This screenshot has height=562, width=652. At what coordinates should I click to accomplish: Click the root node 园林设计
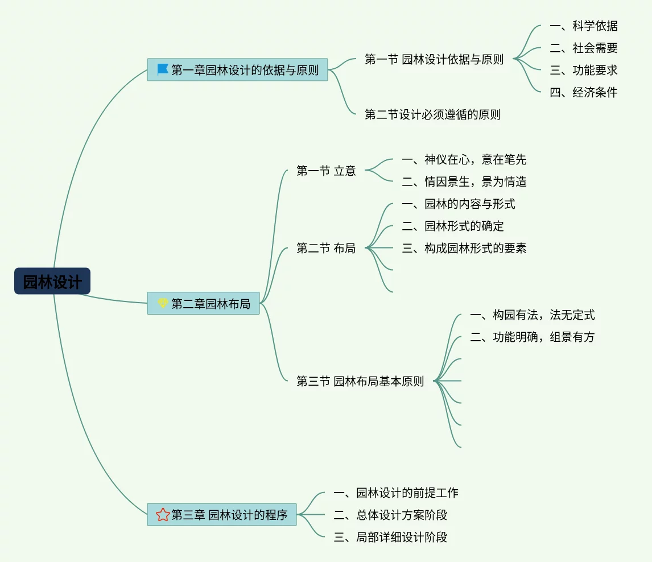(x=52, y=282)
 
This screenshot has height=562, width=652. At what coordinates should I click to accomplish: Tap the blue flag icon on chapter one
(x=163, y=70)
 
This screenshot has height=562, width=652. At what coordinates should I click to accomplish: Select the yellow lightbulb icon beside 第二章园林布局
(x=163, y=303)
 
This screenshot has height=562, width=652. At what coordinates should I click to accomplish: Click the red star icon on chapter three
(x=163, y=515)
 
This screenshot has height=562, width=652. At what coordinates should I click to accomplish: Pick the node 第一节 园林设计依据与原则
(x=434, y=59)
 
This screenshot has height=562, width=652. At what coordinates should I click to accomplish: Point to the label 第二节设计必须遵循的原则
(x=432, y=114)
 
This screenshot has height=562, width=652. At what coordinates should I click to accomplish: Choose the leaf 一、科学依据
(x=583, y=26)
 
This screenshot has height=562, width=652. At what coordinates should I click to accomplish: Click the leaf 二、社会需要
(x=583, y=48)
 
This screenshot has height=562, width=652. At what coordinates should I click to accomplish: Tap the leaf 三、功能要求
(x=583, y=70)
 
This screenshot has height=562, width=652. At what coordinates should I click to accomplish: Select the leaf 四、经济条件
(x=583, y=92)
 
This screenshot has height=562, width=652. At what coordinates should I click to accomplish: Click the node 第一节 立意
(x=326, y=170)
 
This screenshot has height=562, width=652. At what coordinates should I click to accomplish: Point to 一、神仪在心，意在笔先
(x=464, y=159)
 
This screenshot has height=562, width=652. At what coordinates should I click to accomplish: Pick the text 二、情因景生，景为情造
(x=464, y=181)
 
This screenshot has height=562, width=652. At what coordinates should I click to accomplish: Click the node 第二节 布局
(x=326, y=248)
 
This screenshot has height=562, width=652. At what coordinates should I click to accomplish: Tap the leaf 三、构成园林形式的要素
(x=464, y=248)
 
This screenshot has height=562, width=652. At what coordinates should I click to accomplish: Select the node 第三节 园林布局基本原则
(x=360, y=381)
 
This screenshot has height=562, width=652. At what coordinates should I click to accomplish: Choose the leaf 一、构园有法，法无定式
(x=532, y=315)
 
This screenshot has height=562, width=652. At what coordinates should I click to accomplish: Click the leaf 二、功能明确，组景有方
(x=532, y=337)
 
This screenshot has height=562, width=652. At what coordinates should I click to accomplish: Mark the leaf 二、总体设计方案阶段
(x=390, y=515)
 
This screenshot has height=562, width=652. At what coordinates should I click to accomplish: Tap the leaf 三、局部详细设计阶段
(x=390, y=537)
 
